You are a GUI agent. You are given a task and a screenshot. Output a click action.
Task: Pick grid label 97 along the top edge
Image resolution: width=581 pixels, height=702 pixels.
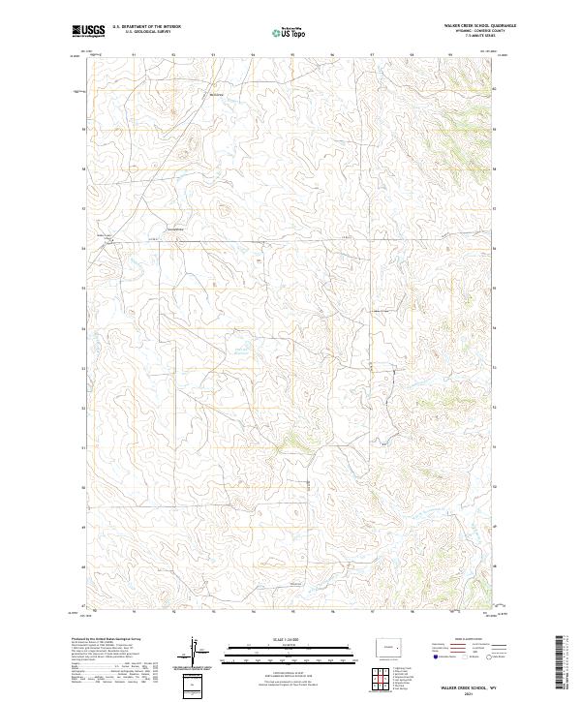pyautogui.click(x=372, y=55)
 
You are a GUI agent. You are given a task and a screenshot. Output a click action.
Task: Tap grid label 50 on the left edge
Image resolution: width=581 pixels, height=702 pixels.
pyautogui.click(x=84, y=488)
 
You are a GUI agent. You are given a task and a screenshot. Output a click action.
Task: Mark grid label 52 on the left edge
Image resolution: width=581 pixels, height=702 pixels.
pyautogui.click(x=84, y=408)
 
